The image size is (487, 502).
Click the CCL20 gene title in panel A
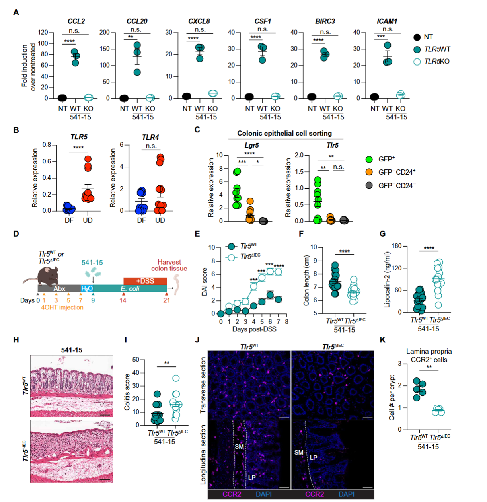(x=136, y=21)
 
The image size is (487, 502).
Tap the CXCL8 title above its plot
(x=199, y=21)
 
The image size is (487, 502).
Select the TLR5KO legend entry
(x=436, y=61)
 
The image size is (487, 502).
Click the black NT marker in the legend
(x=417, y=37)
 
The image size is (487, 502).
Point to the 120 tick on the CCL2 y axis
(x=43, y=32)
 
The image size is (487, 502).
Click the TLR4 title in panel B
(x=150, y=137)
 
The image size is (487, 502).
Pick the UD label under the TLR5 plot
(x=88, y=220)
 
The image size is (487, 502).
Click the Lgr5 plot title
(x=251, y=145)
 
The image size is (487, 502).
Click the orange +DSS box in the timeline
(x=145, y=281)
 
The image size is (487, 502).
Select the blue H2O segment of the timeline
(x=87, y=288)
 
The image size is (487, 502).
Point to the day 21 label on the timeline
(x=166, y=300)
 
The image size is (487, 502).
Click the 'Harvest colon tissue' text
(x=169, y=265)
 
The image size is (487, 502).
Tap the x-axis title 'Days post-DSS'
(x=254, y=329)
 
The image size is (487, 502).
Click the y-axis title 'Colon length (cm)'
(x=306, y=280)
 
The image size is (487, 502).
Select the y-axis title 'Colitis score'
(x=127, y=392)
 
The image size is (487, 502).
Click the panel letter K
(x=382, y=339)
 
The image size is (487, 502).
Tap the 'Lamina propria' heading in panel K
(x=429, y=351)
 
